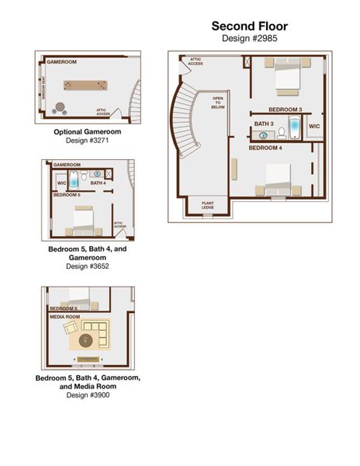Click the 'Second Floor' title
[249, 26]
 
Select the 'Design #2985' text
[249, 37]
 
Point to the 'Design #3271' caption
[87, 141]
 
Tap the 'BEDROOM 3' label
[285, 110]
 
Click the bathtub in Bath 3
[295, 127]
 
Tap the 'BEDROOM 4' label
[265, 148]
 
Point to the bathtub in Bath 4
[74, 179]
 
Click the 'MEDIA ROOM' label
[64, 317]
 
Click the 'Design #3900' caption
[88, 395]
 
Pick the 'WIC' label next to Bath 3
[314, 125]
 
